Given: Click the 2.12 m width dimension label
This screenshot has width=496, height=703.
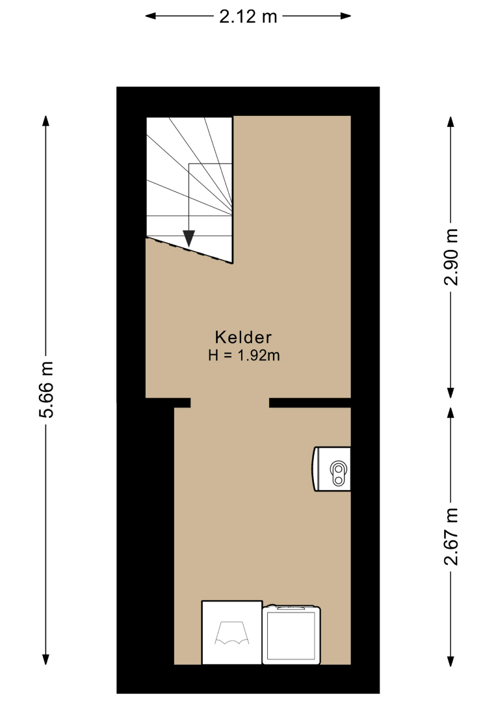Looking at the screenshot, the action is coord(248,16).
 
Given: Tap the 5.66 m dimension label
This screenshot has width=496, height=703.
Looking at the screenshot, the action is coord(47,390).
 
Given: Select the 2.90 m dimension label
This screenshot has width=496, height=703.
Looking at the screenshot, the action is coord(451,257).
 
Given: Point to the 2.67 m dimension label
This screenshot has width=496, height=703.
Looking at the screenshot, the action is coord(451,536).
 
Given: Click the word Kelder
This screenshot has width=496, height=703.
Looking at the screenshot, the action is coord(244,337).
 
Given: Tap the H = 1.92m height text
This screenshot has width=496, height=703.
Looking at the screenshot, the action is coord(244,355).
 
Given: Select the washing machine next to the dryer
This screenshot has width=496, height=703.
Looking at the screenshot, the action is coord(291,634).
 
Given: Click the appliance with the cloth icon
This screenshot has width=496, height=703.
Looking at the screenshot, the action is coord(232,632).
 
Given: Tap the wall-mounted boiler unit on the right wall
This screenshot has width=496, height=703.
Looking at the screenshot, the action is coord(332,469).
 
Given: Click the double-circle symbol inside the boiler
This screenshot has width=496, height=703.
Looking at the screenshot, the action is coord(339,473).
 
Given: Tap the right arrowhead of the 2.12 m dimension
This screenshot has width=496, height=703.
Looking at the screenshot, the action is coord(346,16).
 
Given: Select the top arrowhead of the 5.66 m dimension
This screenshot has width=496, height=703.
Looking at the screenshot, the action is coord(46,121).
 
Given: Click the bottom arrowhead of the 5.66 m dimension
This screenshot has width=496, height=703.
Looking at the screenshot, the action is coord(46,659).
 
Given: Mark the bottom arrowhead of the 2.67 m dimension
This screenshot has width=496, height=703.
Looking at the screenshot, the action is coord(450,661).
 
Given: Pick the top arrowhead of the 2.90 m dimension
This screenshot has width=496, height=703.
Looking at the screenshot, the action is coord(450,122).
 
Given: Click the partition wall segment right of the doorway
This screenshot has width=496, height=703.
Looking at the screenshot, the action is coord(310,403).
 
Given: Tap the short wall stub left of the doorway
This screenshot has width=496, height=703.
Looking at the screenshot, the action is coord(182,403).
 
